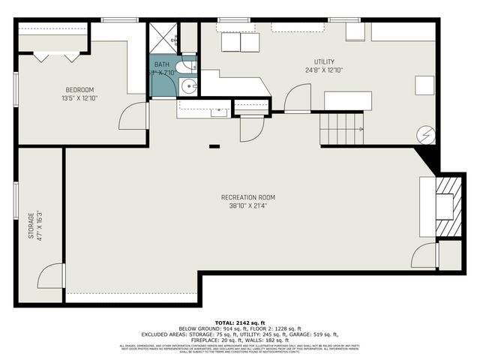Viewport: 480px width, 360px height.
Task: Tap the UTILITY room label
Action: pos(324,61)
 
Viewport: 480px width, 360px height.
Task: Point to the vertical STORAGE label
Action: pos(31,226)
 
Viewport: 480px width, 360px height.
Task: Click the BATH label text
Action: pos(162,64)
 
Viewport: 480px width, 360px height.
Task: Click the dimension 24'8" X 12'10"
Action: pos(324,70)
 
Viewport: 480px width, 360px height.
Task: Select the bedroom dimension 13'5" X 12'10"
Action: pos(79,97)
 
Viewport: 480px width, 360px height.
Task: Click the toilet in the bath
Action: pos(189,66)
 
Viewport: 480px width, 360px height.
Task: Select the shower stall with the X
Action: pos(163,37)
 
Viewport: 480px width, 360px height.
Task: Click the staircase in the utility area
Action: pos(342,127)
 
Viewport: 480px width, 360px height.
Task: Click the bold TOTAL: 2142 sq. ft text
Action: pos(239,322)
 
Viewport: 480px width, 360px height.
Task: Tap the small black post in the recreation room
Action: pos(214,146)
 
